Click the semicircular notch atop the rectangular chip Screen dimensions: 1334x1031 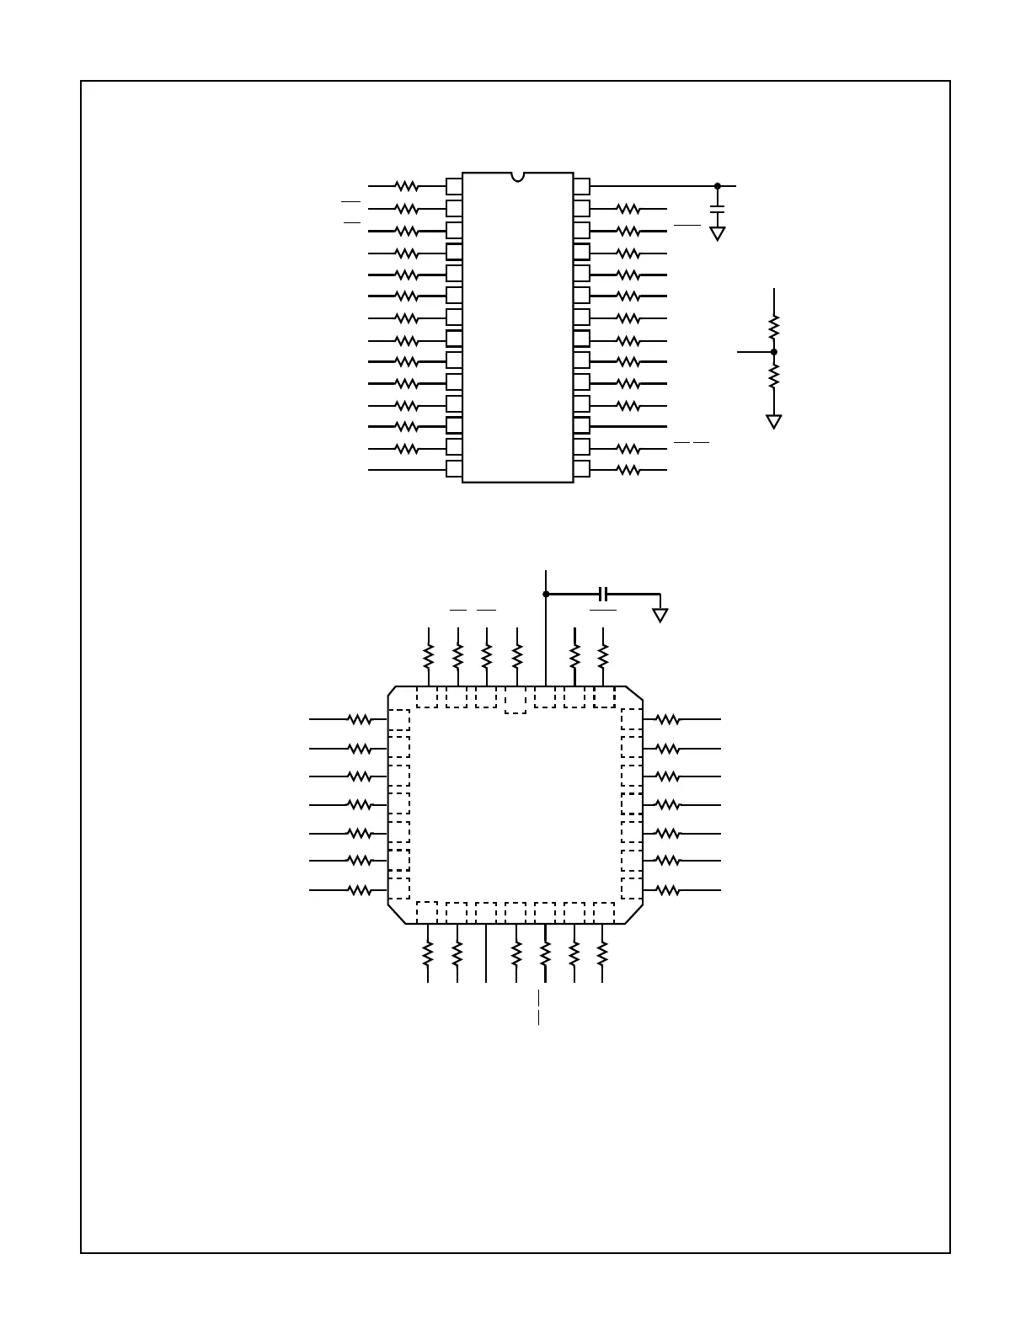coord(517,177)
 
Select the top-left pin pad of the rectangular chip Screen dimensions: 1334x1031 coord(454,186)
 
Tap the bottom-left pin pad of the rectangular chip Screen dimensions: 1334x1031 coord(454,469)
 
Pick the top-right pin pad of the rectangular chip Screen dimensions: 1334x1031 coord(581,186)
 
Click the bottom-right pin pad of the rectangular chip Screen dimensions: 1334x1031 coord(581,469)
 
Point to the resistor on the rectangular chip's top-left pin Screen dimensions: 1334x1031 coord(407,186)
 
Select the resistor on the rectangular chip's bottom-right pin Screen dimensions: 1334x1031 coord(628,470)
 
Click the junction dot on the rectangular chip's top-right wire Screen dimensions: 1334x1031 coord(718,186)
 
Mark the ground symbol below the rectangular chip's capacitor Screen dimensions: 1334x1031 coord(718,233)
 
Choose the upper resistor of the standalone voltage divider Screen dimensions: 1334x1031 coord(774,327)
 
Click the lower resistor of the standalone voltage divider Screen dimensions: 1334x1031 coord(774,376)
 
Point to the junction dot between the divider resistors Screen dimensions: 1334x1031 coord(774,351)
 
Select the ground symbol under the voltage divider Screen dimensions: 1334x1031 coord(774,421)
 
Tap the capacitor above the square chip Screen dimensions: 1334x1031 coord(601,594)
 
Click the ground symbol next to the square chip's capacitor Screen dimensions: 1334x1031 coord(660,615)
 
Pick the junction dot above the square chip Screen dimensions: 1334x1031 coord(546,594)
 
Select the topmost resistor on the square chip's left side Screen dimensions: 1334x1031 coord(360,719)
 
